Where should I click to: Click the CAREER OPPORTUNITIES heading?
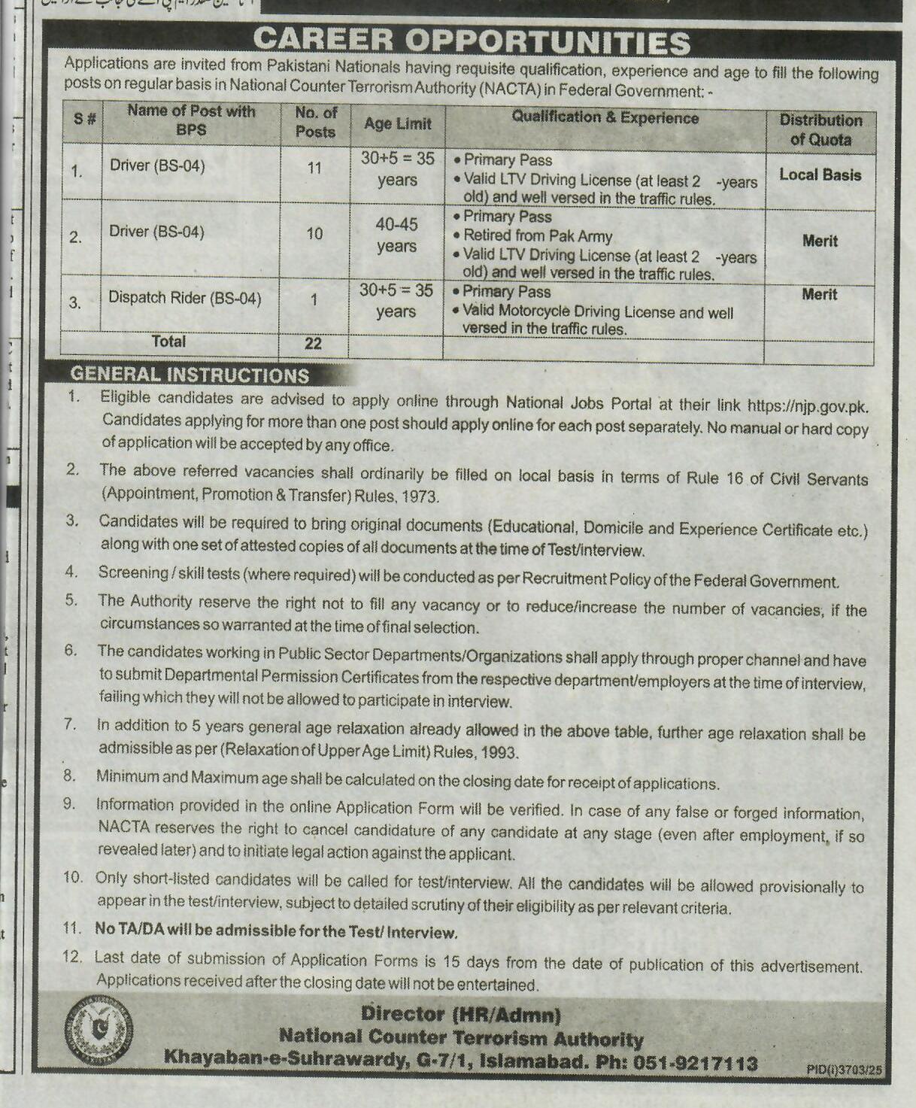(x=472, y=42)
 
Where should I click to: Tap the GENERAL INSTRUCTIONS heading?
(x=190, y=375)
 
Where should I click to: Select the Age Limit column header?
(x=397, y=124)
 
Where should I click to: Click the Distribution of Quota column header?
(x=820, y=129)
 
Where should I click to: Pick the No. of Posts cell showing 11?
(x=314, y=168)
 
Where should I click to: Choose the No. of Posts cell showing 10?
(x=314, y=234)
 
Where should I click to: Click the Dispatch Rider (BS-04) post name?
(x=184, y=298)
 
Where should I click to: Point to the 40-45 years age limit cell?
(x=396, y=235)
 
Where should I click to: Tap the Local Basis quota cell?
(x=820, y=175)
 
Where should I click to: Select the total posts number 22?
(x=313, y=344)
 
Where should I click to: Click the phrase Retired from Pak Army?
(x=537, y=236)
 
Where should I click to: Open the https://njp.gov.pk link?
(x=807, y=407)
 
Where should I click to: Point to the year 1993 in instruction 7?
(x=499, y=752)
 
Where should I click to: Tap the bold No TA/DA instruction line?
(x=275, y=931)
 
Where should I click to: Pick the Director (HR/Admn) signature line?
(x=460, y=1014)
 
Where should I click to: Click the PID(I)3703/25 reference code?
(x=844, y=1069)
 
